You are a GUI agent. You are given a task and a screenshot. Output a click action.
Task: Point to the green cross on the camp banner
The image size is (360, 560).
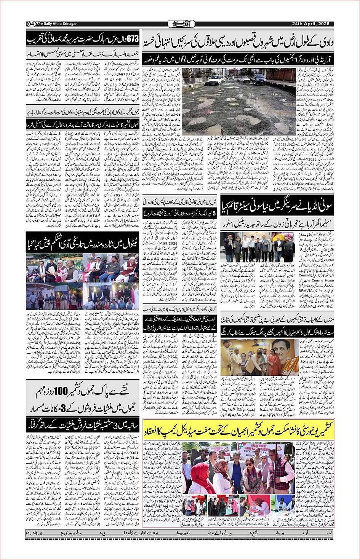(x=240, y=446)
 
